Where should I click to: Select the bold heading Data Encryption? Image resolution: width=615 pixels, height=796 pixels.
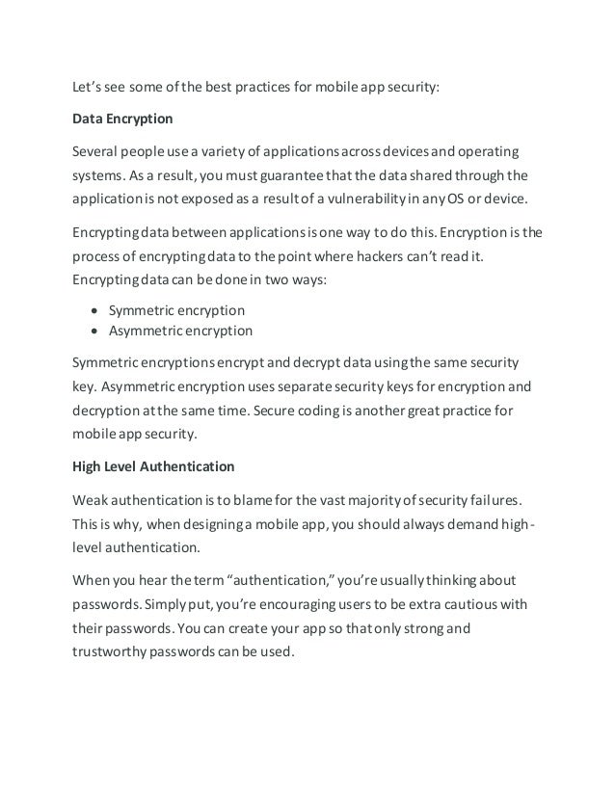click(122, 121)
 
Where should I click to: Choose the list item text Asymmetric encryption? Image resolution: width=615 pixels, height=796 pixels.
click(180, 331)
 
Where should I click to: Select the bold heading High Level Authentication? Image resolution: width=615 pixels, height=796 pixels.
click(153, 466)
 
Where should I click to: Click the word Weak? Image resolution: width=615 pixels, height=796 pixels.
click(92, 499)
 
